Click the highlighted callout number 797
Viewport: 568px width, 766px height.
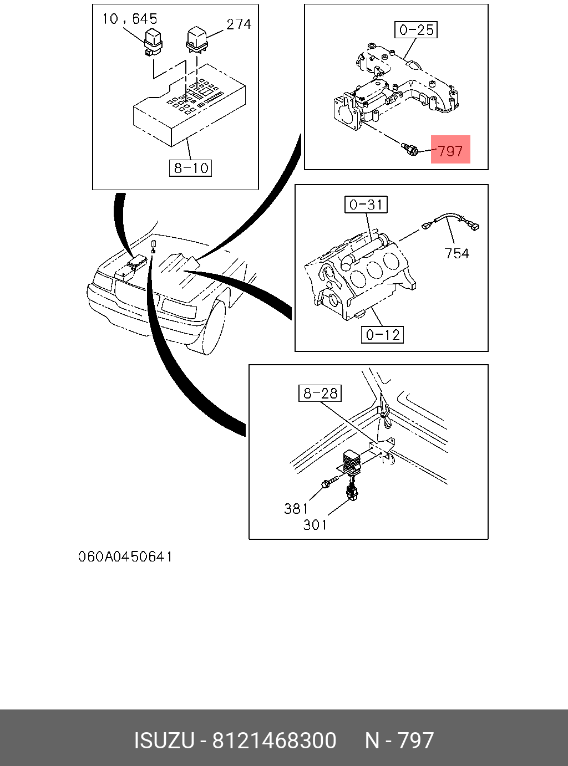click(450, 150)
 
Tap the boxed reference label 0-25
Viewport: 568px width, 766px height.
click(417, 29)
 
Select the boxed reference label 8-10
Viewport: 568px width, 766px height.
click(191, 168)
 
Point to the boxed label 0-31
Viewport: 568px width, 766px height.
click(366, 205)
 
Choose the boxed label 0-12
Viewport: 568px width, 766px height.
click(383, 335)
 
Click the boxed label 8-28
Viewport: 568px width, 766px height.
click(320, 394)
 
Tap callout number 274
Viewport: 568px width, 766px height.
click(239, 24)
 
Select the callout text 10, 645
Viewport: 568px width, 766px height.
click(129, 19)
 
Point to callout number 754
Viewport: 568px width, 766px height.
click(457, 253)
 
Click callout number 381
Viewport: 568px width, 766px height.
click(296, 508)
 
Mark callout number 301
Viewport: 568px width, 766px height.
click(315, 524)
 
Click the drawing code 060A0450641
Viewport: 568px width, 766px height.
click(125, 556)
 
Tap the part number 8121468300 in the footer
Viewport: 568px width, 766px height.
click(275, 741)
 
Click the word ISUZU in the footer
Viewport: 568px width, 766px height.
click(164, 741)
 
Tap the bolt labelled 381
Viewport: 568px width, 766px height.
click(329, 482)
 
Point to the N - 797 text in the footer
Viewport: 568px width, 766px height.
click(399, 741)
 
